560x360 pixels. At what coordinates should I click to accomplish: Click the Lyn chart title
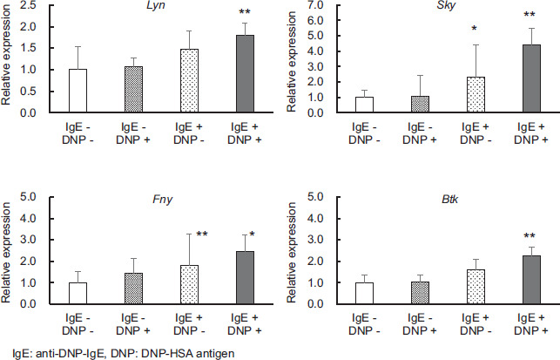click(x=156, y=6)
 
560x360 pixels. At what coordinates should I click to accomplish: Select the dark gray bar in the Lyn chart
click(x=245, y=73)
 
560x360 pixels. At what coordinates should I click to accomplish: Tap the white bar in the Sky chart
click(x=364, y=105)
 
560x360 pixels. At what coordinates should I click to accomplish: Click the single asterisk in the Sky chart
click(x=474, y=28)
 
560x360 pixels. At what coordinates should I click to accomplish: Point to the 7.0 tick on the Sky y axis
click(x=314, y=5)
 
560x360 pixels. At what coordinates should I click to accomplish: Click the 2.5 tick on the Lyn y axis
click(x=28, y=6)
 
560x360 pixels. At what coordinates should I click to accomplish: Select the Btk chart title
click(x=449, y=199)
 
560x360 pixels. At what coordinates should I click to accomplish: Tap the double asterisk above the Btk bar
click(x=530, y=236)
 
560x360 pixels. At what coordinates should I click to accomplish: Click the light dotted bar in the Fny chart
click(x=189, y=284)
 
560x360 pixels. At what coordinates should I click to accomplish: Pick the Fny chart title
click(x=163, y=200)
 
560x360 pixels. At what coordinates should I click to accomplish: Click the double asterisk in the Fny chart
click(x=202, y=234)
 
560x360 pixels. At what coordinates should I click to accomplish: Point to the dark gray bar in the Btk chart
click(x=532, y=280)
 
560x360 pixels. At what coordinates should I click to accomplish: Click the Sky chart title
click(x=446, y=6)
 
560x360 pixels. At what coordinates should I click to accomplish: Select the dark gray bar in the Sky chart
click(x=532, y=78)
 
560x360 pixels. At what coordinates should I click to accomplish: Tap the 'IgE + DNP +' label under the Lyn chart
click(x=245, y=133)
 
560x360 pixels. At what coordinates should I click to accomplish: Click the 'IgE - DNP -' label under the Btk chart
click(x=364, y=324)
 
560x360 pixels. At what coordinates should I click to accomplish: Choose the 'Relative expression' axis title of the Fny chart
click(x=6, y=253)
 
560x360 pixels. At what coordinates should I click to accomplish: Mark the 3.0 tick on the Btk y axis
click(x=314, y=240)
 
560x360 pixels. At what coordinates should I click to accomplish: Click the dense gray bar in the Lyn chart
click(x=133, y=90)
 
